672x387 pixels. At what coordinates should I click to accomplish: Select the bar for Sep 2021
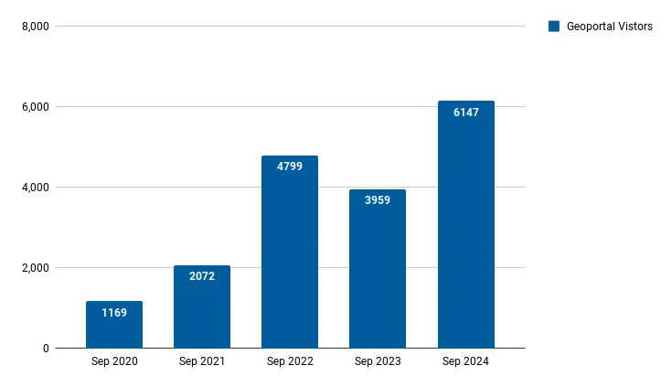tap(202, 311)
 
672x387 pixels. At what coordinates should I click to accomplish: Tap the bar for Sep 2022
tap(290, 256)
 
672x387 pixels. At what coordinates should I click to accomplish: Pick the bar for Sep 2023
tap(378, 274)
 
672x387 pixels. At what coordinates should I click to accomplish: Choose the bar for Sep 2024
tap(465, 229)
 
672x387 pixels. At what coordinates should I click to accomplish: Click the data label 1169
tap(114, 313)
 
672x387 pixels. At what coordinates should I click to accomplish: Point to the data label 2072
tap(202, 276)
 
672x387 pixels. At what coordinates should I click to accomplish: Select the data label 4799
tap(290, 167)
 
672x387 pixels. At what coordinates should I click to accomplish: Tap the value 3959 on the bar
tap(378, 200)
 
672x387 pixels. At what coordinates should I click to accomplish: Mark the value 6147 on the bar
tap(465, 113)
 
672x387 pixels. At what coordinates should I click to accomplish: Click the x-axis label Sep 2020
tap(114, 362)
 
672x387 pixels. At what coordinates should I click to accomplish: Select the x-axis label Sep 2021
tap(202, 362)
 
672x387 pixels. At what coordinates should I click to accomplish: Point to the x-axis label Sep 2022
tap(290, 362)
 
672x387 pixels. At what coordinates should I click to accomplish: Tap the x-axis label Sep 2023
tap(378, 362)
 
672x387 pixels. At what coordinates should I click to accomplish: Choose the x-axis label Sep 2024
tap(465, 362)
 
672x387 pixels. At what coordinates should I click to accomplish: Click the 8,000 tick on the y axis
tap(35, 27)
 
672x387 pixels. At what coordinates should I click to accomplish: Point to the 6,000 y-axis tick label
tap(35, 107)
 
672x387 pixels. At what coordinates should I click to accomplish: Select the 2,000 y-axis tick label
tap(35, 268)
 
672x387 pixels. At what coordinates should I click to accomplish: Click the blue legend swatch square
tap(553, 27)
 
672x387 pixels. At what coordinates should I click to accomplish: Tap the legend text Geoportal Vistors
tap(609, 27)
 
